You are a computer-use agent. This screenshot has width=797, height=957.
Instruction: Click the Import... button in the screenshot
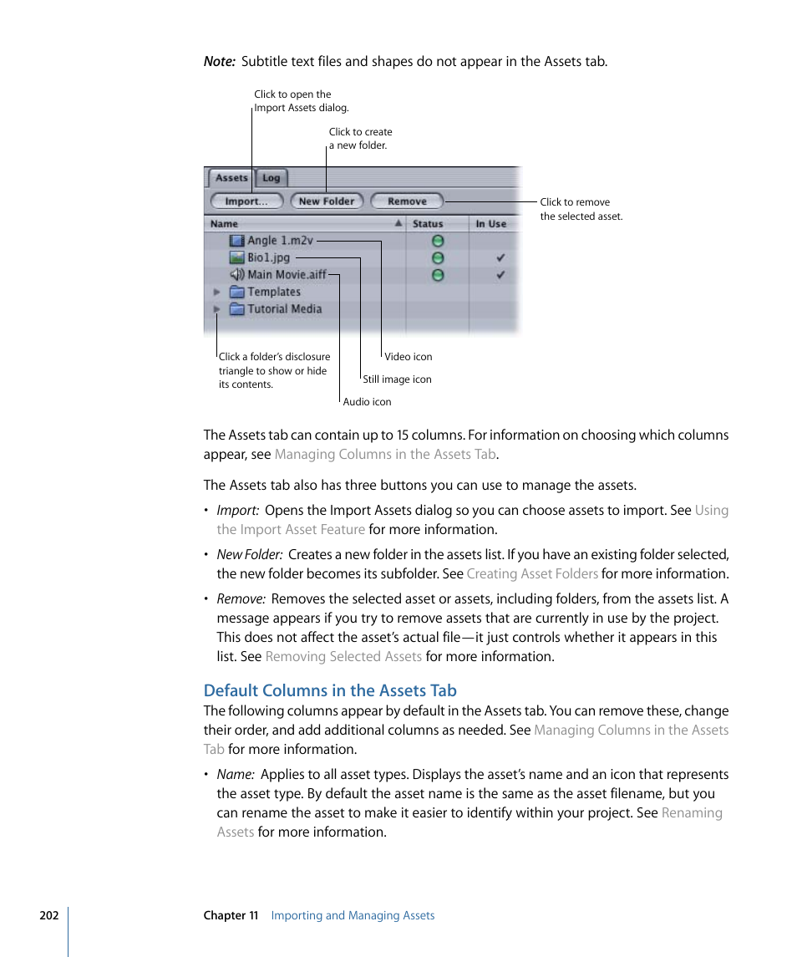[x=246, y=201]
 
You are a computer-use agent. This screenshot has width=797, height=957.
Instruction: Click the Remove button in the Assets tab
[x=407, y=201]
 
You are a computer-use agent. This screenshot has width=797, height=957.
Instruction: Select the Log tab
[x=272, y=178]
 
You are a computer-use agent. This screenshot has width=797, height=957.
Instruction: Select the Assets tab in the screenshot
[x=231, y=178]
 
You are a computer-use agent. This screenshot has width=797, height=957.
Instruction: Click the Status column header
[x=428, y=224]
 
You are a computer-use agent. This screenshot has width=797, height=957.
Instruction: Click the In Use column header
[x=491, y=224]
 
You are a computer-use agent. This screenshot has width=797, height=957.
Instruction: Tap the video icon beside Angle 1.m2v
[x=236, y=241]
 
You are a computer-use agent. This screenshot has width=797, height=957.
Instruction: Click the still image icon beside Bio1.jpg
[x=236, y=258]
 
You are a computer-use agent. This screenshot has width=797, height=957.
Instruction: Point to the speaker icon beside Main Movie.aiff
[x=236, y=275]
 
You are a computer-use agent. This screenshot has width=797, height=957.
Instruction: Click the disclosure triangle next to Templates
[x=216, y=293]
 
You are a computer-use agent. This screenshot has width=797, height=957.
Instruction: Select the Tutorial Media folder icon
[x=236, y=309]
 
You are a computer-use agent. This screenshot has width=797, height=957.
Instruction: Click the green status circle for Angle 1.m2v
[x=437, y=242]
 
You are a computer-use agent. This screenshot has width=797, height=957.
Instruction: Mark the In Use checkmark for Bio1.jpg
[x=500, y=258]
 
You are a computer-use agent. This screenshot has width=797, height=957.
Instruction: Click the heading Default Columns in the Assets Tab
[x=330, y=690]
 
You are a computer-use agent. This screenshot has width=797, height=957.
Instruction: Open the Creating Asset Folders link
[x=532, y=573]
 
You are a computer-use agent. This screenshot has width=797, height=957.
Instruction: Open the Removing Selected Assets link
[x=343, y=656]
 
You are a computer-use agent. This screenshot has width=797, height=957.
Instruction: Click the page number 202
[x=49, y=915]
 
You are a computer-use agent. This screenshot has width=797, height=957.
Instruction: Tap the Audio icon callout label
[x=367, y=402]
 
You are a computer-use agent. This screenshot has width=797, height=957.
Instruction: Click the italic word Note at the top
[x=219, y=61]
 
